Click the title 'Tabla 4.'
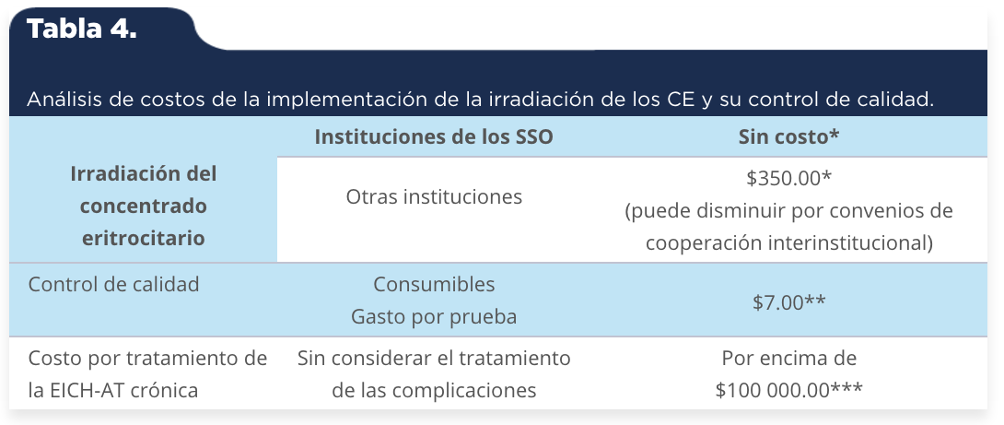coord(81,30)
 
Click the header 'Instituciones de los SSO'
coord(434,137)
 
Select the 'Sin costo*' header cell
coord(788,137)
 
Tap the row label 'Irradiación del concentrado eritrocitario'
coord(144,206)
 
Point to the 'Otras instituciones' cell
coord(434,196)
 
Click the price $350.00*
coord(788,178)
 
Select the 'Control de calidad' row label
coord(113,284)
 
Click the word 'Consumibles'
coord(434,284)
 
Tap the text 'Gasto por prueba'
coord(434,316)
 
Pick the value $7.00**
coord(788,301)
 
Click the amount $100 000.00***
coord(788,390)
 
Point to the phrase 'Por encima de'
coord(788,357)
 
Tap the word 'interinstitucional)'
coord(849,243)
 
